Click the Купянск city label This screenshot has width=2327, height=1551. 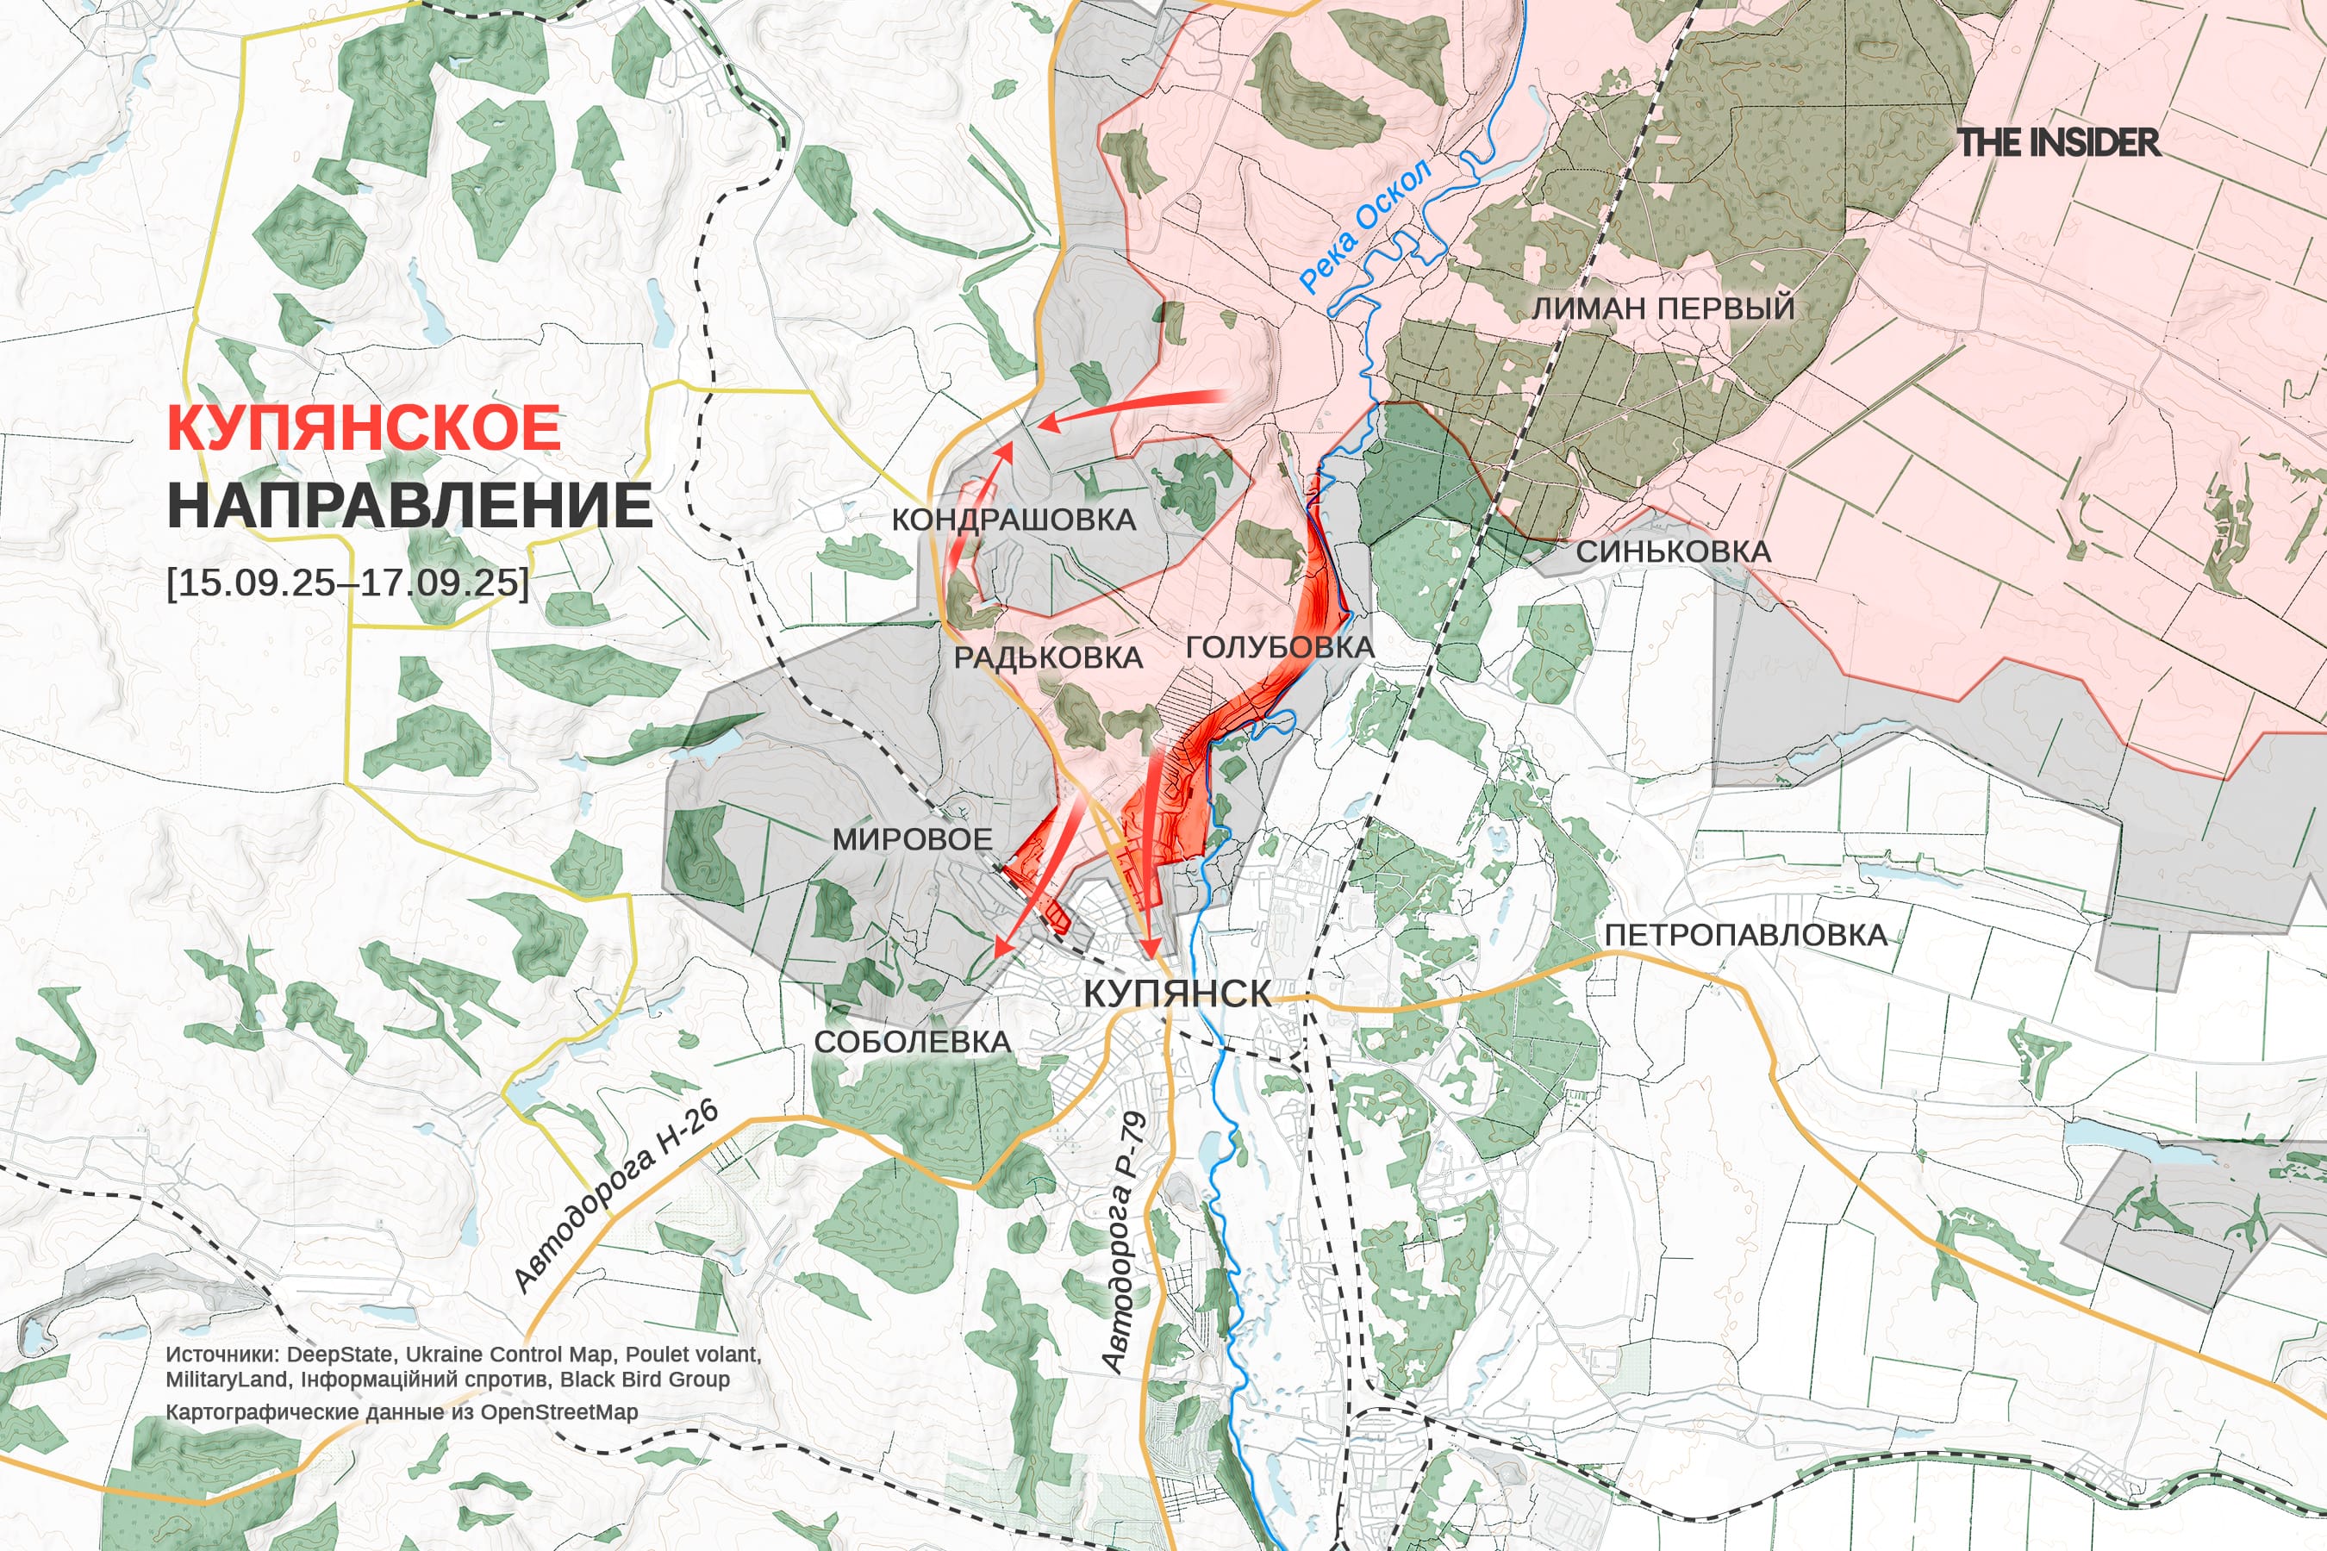click(1177, 994)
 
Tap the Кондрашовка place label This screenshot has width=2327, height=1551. click(1014, 520)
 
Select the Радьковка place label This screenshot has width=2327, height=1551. click(1048, 657)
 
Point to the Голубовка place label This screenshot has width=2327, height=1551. click(1279, 648)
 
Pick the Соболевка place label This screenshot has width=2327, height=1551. click(912, 1042)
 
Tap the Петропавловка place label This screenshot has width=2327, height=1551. click(1745, 935)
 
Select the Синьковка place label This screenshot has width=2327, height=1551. click(1673, 552)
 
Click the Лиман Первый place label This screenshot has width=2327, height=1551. click(1663, 308)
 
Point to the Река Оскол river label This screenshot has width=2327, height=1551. click(1364, 227)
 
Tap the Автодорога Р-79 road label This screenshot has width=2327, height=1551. click(1125, 1243)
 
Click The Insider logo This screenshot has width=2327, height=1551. click(2059, 142)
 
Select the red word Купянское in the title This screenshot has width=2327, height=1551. click(364, 427)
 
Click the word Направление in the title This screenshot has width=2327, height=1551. click(409, 506)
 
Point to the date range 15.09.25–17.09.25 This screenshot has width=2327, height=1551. click(348, 582)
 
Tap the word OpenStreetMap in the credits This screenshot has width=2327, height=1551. click(559, 1411)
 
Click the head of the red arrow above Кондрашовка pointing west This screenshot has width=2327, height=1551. click(1045, 424)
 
